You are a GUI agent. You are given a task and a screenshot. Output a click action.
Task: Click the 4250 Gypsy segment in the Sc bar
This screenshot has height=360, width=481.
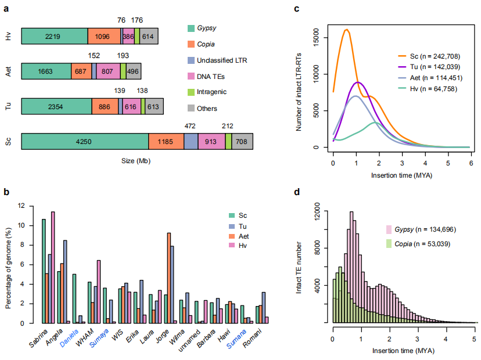click(85, 141)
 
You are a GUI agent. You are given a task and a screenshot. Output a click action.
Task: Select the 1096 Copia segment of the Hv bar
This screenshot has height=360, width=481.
click(104, 36)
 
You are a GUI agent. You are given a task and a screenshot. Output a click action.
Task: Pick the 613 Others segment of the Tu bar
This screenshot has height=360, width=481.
click(154, 106)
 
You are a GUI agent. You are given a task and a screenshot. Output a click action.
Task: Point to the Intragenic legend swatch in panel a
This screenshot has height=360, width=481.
click(191, 92)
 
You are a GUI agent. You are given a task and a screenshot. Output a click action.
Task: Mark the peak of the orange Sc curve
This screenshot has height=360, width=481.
click(347, 29)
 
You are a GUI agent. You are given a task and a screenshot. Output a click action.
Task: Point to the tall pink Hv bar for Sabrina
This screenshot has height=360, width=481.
click(53, 267)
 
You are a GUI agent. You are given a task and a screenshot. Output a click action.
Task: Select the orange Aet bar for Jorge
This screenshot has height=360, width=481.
click(168, 278)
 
